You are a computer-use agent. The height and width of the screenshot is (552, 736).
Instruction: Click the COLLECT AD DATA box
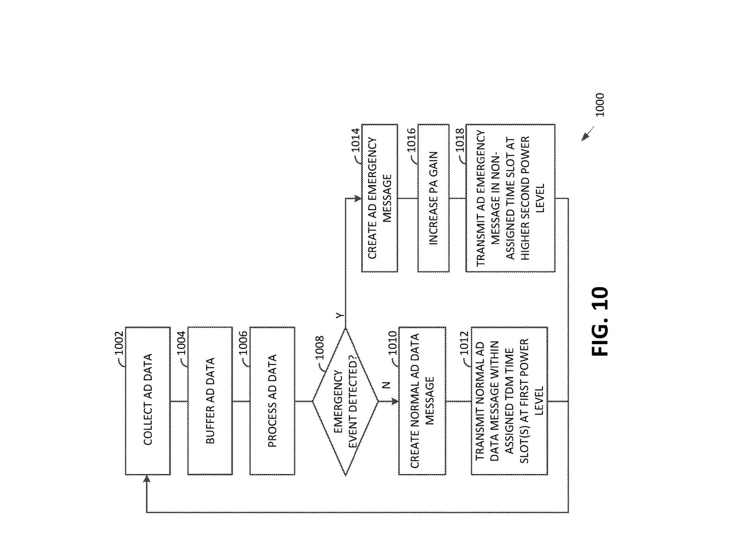[x=147, y=401]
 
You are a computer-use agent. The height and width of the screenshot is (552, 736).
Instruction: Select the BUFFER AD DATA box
[x=210, y=401]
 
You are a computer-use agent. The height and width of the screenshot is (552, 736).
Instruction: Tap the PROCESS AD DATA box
[x=272, y=401]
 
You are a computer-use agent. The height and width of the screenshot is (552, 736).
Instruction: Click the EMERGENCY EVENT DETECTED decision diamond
[x=346, y=401]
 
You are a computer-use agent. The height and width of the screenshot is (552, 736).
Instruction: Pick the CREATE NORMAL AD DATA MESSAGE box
[x=422, y=401]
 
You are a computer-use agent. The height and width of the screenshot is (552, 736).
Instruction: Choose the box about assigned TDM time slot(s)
[x=509, y=401]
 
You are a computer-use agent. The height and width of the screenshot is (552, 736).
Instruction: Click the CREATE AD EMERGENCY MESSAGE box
[x=379, y=198]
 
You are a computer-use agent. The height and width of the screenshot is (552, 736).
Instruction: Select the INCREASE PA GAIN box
[x=433, y=198]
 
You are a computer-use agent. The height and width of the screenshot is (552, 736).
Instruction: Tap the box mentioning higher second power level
[x=510, y=198]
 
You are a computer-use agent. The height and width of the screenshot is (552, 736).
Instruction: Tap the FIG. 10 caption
[x=600, y=321]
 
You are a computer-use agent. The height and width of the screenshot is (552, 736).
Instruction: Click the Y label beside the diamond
[x=340, y=316]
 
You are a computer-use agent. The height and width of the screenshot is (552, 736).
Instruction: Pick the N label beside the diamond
[x=386, y=385]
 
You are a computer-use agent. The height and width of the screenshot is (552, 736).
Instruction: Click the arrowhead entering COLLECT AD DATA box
[x=147, y=479]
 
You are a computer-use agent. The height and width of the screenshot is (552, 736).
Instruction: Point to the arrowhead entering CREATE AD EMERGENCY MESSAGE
[x=357, y=198]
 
